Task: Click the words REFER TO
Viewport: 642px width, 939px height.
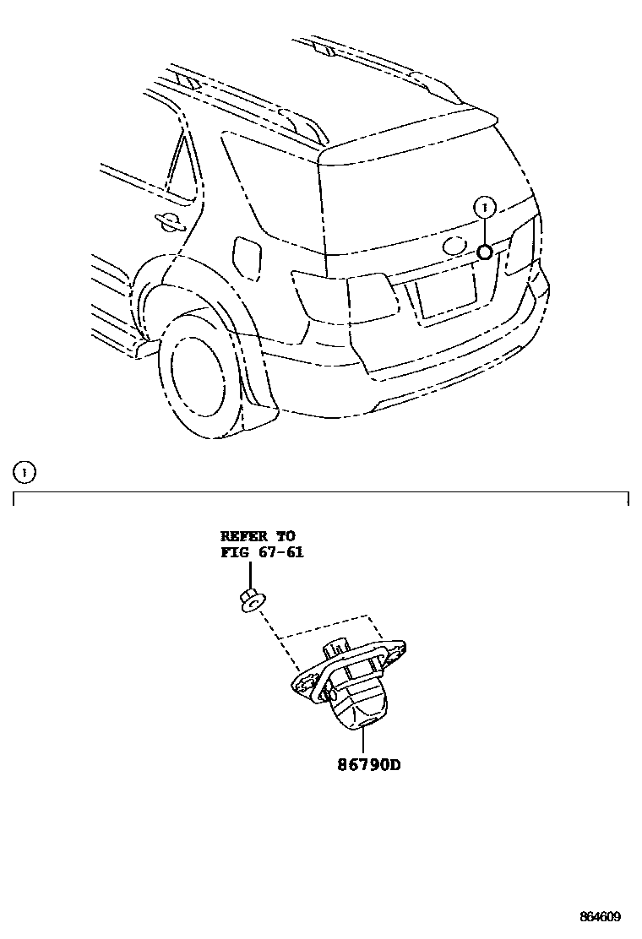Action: point(258,536)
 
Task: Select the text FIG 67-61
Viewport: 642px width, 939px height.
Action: point(262,553)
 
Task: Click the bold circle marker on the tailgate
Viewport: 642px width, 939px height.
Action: point(485,252)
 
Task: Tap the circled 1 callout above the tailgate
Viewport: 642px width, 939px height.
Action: point(484,205)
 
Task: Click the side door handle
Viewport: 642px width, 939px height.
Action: point(171,221)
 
